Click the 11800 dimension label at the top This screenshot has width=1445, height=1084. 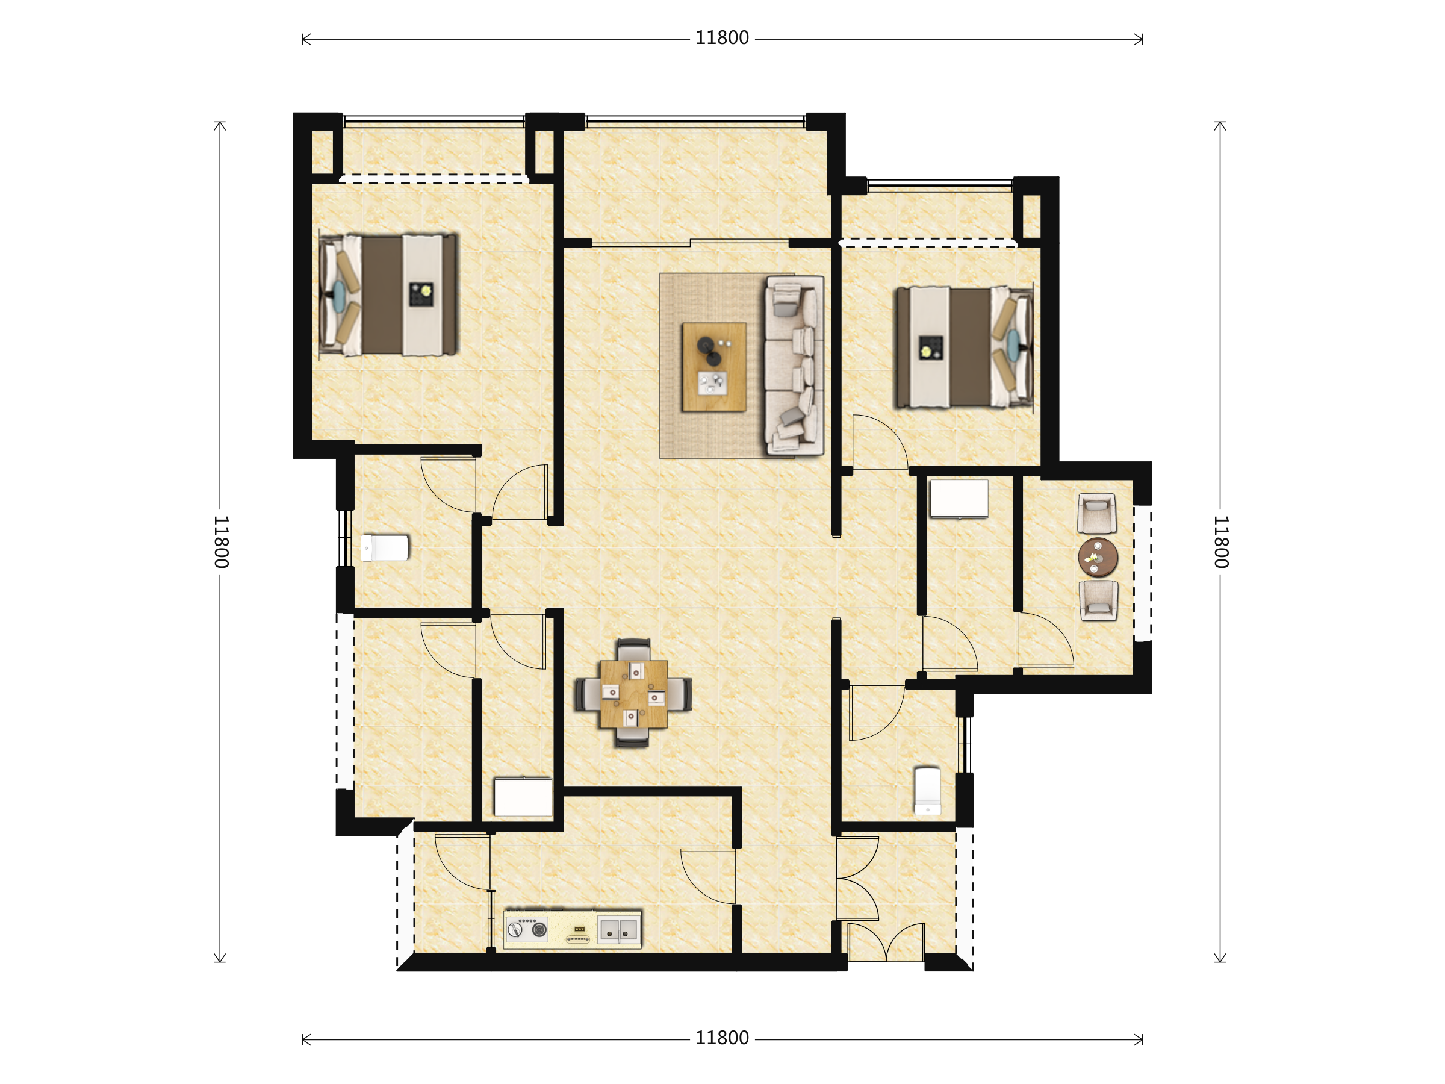click(722, 38)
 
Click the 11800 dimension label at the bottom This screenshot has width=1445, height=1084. click(722, 1038)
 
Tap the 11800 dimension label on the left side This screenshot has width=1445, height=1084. click(221, 541)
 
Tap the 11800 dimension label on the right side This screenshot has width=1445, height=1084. click(1221, 541)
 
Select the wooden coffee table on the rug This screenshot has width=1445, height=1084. click(714, 367)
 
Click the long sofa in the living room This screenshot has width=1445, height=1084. click(794, 366)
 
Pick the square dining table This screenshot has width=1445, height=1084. click(633, 694)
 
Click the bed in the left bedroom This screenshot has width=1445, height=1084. click(388, 294)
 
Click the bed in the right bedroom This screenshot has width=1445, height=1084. click(964, 347)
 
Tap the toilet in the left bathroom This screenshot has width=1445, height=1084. click(385, 547)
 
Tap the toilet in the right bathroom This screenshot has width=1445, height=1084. click(928, 791)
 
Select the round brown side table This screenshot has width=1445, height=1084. click(1098, 557)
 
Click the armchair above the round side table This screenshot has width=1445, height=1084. click(1097, 514)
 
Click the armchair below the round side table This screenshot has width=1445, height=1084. click(1099, 600)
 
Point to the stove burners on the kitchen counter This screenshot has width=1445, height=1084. click(527, 929)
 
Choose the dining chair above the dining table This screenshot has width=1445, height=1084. click(633, 649)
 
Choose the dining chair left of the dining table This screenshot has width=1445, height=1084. click(588, 694)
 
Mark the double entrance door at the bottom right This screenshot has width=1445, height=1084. click(886, 941)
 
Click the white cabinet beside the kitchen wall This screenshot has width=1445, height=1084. click(523, 797)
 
